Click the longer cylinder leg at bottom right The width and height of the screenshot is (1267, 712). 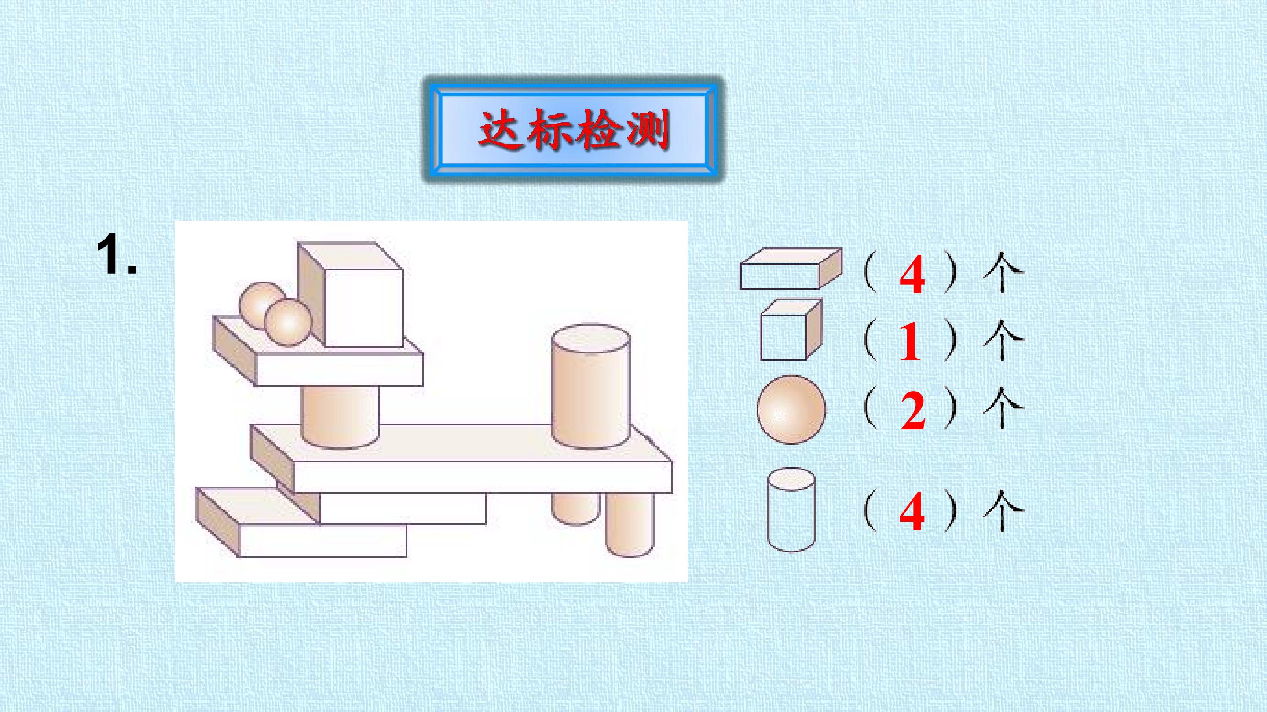click(630, 524)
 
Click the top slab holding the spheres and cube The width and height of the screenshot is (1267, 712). click(318, 359)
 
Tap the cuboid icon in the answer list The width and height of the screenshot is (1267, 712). click(791, 268)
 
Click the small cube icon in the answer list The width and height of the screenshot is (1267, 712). click(791, 329)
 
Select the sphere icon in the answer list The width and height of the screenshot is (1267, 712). click(791, 410)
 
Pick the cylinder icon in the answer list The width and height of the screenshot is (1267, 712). click(791, 509)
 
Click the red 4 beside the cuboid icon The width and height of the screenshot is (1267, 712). click(912, 277)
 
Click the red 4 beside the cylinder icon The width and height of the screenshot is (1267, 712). click(912, 513)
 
